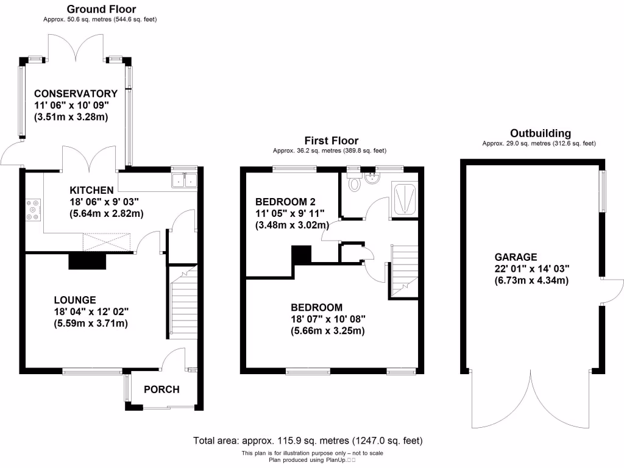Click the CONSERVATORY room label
pyautogui.click(x=76, y=94)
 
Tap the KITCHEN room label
pyautogui.click(x=91, y=190)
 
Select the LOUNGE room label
pyautogui.click(x=75, y=300)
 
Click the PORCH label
pyautogui.click(x=160, y=390)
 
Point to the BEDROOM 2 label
pyautogui.click(x=285, y=202)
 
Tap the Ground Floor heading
pyautogui.click(x=101, y=9)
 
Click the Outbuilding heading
pyautogui.click(x=540, y=133)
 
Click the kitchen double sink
pyautogui.click(x=184, y=180)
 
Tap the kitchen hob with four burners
pyautogui.click(x=33, y=210)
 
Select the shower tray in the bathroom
pyautogui.click(x=405, y=199)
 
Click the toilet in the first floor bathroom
pyautogui.click(x=354, y=182)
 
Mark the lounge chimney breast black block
pyautogui.click(x=88, y=261)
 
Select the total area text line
pyautogui.click(x=307, y=440)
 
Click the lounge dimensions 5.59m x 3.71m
pyautogui.click(x=91, y=324)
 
